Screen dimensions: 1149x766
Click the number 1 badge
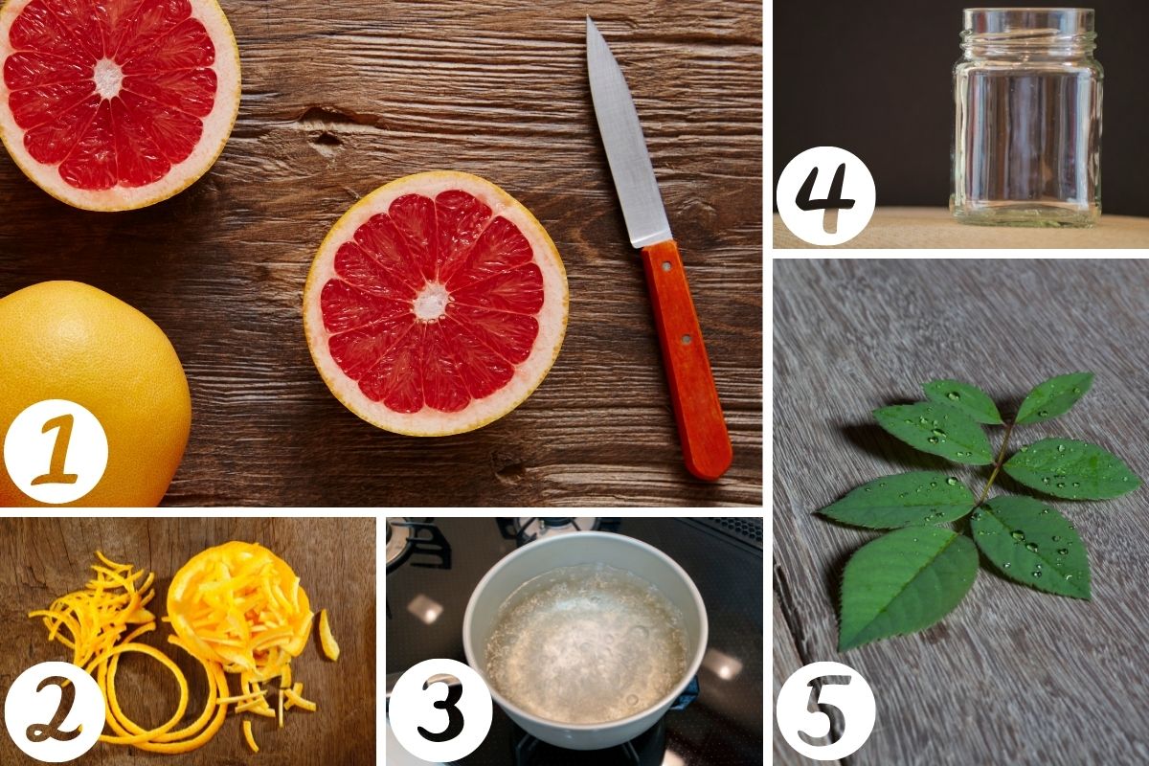tap(56, 451)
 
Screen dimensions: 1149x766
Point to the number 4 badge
tap(825, 195)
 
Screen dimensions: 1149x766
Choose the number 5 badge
tap(825, 710)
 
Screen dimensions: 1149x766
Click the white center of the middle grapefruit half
tap(432, 302)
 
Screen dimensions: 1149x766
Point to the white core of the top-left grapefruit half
tap(109, 79)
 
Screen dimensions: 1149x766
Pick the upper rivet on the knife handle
tap(666, 266)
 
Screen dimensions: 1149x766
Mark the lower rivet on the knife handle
tap(686, 339)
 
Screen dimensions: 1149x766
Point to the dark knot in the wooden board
tap(328, 139)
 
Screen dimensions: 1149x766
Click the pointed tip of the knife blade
tap(588, 18)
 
